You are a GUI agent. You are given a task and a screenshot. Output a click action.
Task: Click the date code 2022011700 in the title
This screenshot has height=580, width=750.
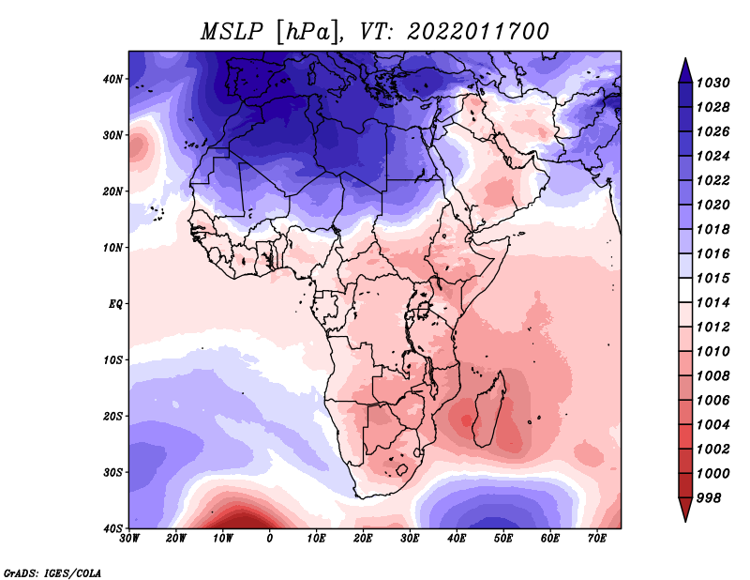point(477,31)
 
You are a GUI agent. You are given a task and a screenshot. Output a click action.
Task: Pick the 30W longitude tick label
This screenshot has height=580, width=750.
point(130,539)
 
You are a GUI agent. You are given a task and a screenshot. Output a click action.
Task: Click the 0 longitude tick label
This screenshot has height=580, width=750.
point(270,539)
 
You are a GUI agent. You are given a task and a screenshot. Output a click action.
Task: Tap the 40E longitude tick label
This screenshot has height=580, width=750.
point(457,539)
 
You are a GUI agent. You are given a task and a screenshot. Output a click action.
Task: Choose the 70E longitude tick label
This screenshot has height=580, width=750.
point(596,539)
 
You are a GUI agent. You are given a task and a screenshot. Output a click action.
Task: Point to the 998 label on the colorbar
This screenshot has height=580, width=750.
point(715,496)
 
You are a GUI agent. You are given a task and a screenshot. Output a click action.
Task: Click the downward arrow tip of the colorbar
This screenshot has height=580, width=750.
point(685,518)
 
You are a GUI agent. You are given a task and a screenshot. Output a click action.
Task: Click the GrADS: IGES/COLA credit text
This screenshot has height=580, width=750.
point(52,572)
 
